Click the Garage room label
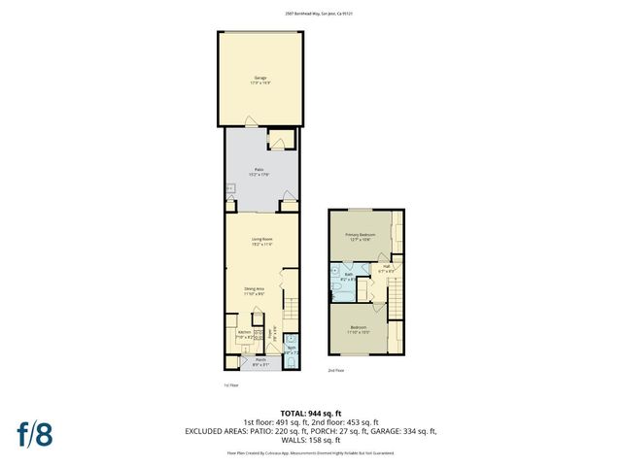click(260, 78)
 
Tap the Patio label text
click(259, 171)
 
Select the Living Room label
click(261, 241)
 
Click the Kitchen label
click(244, 332)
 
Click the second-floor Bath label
click(347, 276)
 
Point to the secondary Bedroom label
click(360, 328)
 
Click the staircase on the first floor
click(289, 311)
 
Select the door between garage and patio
click(252, 122)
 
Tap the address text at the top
click(310, 14)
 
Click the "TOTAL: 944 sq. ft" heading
click(310, 414)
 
